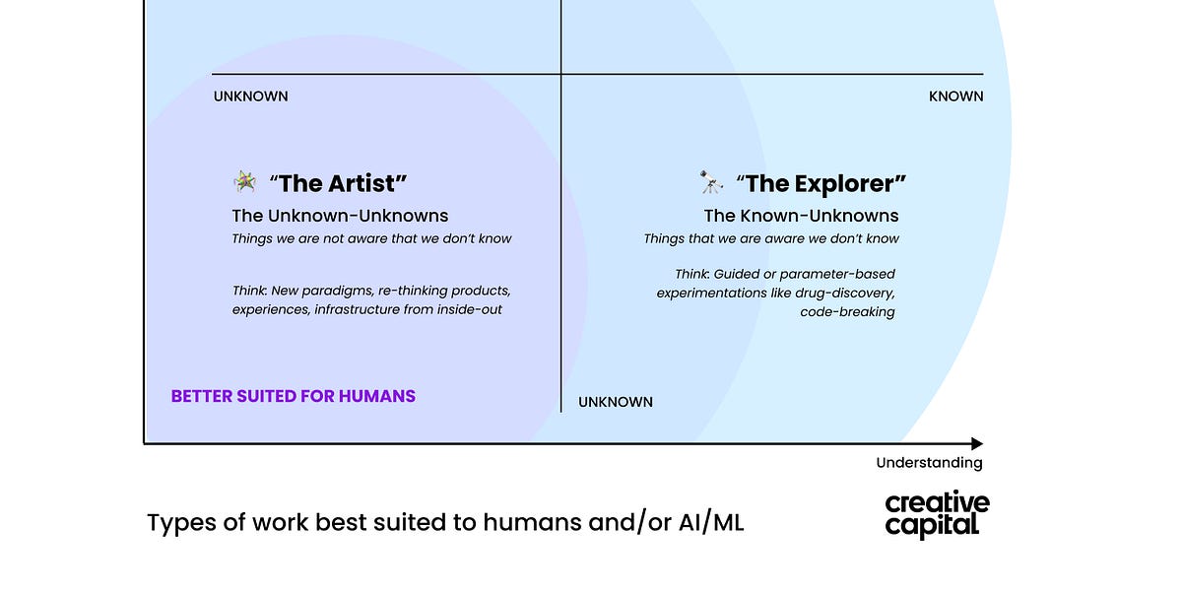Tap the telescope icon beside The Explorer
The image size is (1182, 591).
711,182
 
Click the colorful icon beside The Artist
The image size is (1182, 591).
244,181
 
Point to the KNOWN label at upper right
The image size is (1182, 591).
955,97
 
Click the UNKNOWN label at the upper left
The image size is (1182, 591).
250,97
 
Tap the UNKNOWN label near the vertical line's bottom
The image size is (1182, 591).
615,402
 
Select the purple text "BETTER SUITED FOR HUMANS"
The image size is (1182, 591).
293,396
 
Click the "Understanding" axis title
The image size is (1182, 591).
929,463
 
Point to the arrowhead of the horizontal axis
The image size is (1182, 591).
976,444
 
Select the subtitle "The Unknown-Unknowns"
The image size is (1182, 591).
340,216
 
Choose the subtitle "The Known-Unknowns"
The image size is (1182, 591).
801,216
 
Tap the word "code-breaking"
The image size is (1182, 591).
847,311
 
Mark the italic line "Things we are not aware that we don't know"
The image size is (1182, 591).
371,238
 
